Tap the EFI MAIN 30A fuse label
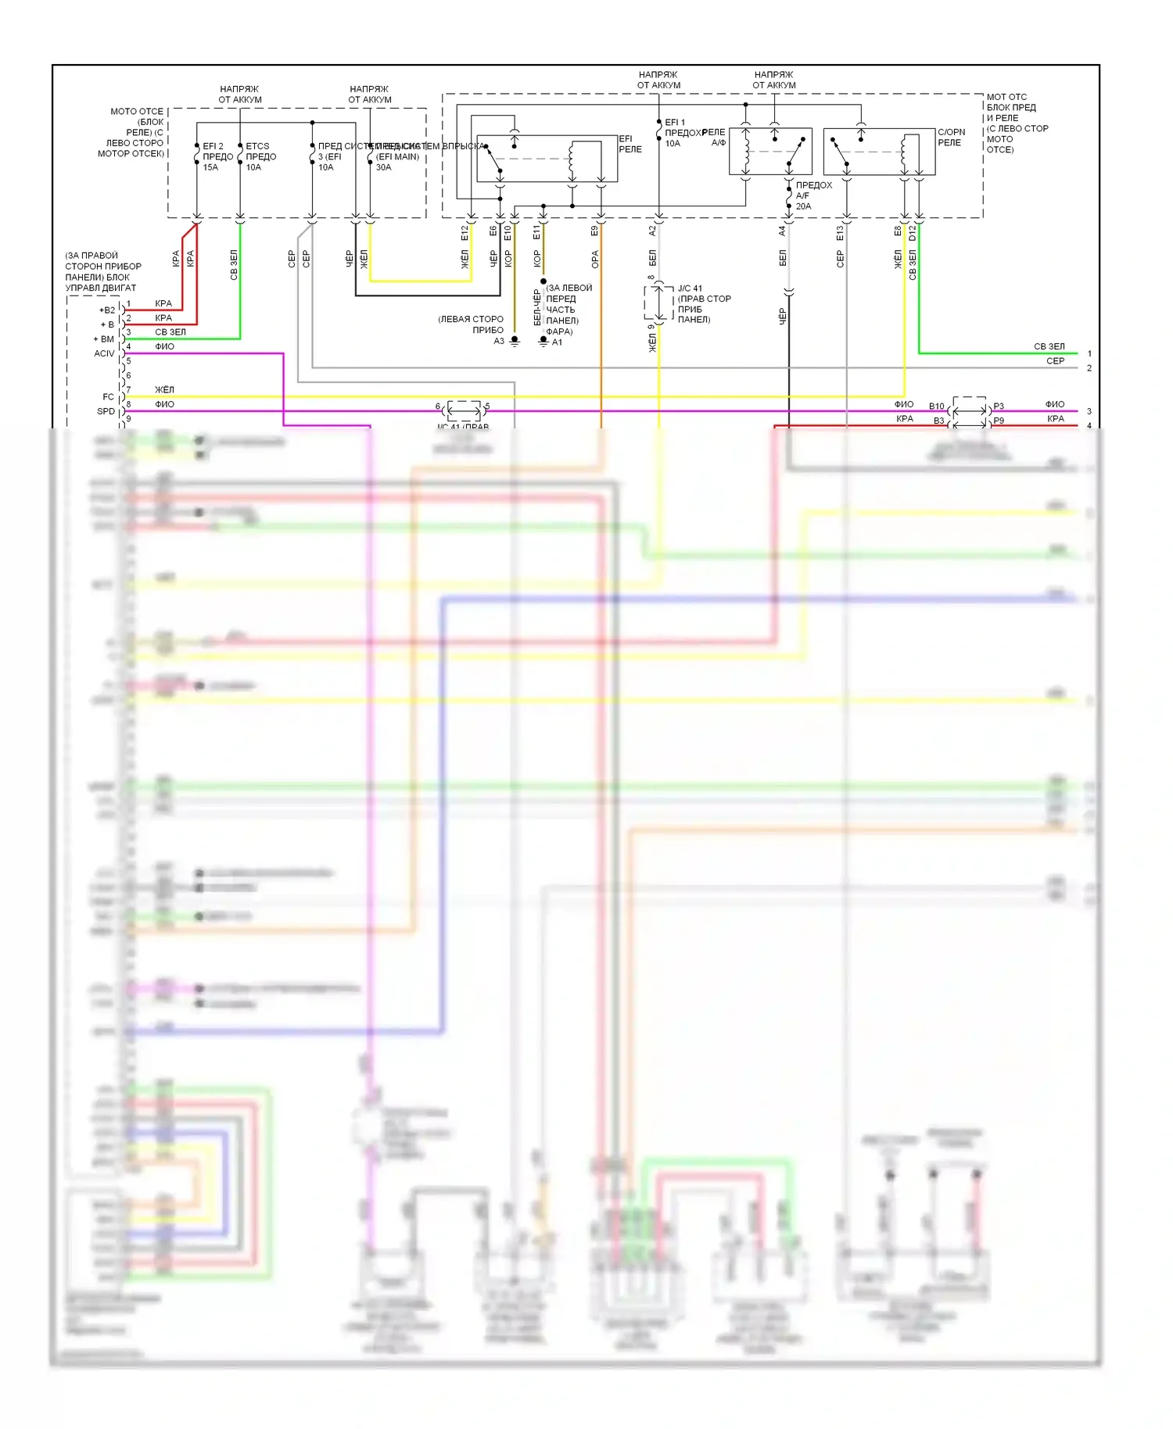coord(396,156)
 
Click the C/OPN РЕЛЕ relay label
coord(951,138)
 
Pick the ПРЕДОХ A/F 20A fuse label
coord(812,195)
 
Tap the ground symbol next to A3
coord(515,341)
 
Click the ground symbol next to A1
coord(543,341)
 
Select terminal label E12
coord(465,232)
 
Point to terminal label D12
coord(913,232)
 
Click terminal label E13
coord(840,232)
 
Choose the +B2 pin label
coord(106,310)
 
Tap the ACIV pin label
coord(104,353)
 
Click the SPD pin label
coord(106,411)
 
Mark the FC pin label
coord(108,396)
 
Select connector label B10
coord(936,406)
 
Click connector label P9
coord(999,421)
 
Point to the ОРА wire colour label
coord(594,260)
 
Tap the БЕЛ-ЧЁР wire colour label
coord(537,307)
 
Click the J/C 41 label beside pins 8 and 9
coord(690,288)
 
